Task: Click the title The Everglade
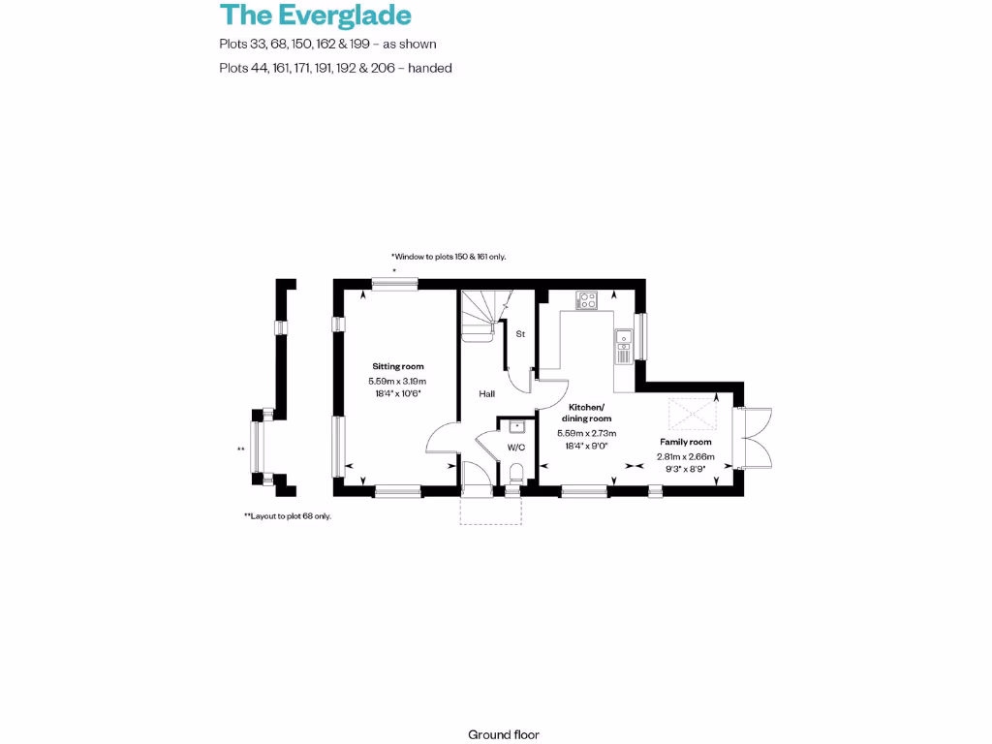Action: (x=316, y=15)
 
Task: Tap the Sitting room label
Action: (x=398, y=366)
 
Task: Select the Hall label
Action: (x=486, y=394)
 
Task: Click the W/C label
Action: (x=515, y=448)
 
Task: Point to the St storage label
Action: (x=519, y=334)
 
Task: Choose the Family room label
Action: (x=686, y=442)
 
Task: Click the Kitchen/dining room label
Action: (x=586, y=412)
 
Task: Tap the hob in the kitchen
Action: (x=587, y=299)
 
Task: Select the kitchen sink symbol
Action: (x=624, y=339)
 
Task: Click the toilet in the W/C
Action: (x=516, y=473)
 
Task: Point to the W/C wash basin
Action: (x=516, y=425)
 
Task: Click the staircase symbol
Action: (x=480, y=316)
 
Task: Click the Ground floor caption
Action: (x=503, y=735)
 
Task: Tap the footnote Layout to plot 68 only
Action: (x=288, y=516)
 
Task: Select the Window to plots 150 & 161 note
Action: (x=449, y=257)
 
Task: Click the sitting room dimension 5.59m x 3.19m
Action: (x=397, y=382)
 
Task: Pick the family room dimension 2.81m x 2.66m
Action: (x=686, y=456)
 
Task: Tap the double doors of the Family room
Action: (x=756, y=438)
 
